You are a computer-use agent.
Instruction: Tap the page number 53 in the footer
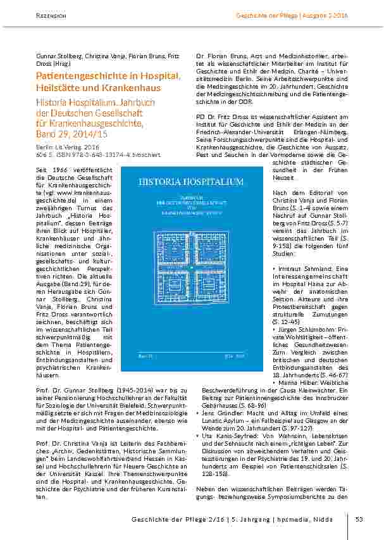click(358, 520)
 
